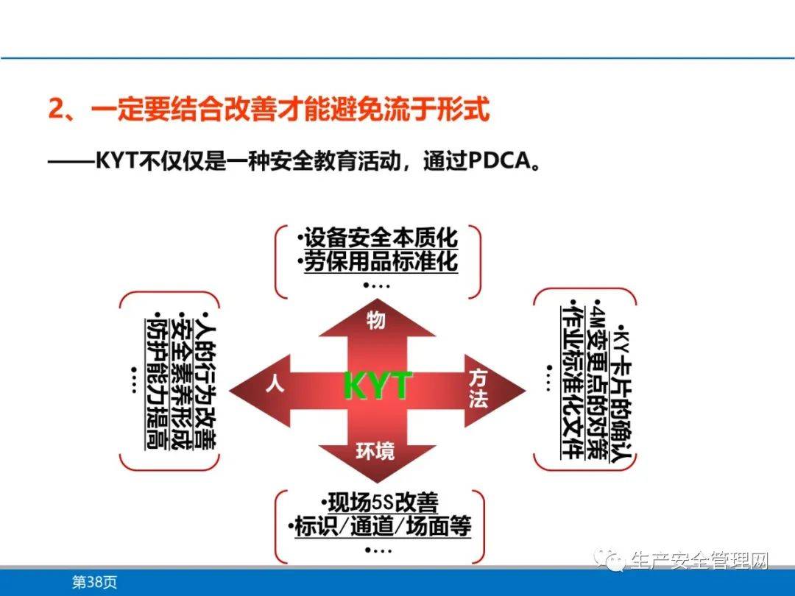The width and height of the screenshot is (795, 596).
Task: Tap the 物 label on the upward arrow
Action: coord(376,321)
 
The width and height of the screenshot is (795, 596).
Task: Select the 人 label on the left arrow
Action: coord(275,386)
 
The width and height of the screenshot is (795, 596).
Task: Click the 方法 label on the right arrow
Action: coord(479,389)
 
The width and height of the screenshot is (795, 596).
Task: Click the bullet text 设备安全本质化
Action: coord(378,239)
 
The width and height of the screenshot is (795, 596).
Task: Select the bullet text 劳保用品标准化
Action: coord(381,262)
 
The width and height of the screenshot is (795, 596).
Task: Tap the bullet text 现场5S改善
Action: coord(379,503)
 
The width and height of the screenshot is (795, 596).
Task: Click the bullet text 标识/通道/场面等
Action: coord(379,527)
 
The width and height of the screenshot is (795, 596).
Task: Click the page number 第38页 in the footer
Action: coord(93,582)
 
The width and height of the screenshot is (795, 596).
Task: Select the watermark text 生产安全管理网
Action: coord(699,561)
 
